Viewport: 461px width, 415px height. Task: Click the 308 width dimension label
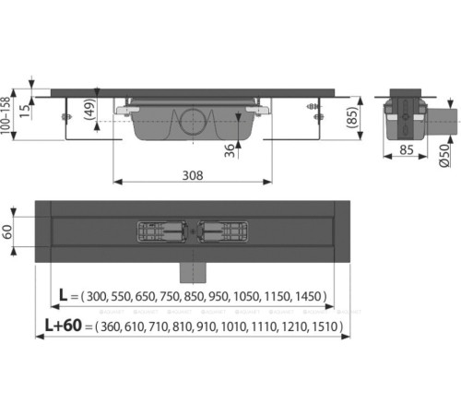[193, 175]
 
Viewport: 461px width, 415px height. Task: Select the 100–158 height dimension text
[6, 115]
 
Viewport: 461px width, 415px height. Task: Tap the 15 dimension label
[26, 111]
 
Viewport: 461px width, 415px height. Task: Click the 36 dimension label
[230, 150]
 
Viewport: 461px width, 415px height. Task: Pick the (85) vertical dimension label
[353, 117]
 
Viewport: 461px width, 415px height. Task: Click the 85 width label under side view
[407, 150]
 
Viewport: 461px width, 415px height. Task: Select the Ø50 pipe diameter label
[444, 155]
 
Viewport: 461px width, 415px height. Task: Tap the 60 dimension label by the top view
[7, 231]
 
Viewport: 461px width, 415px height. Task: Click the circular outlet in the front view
[193, 122]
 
